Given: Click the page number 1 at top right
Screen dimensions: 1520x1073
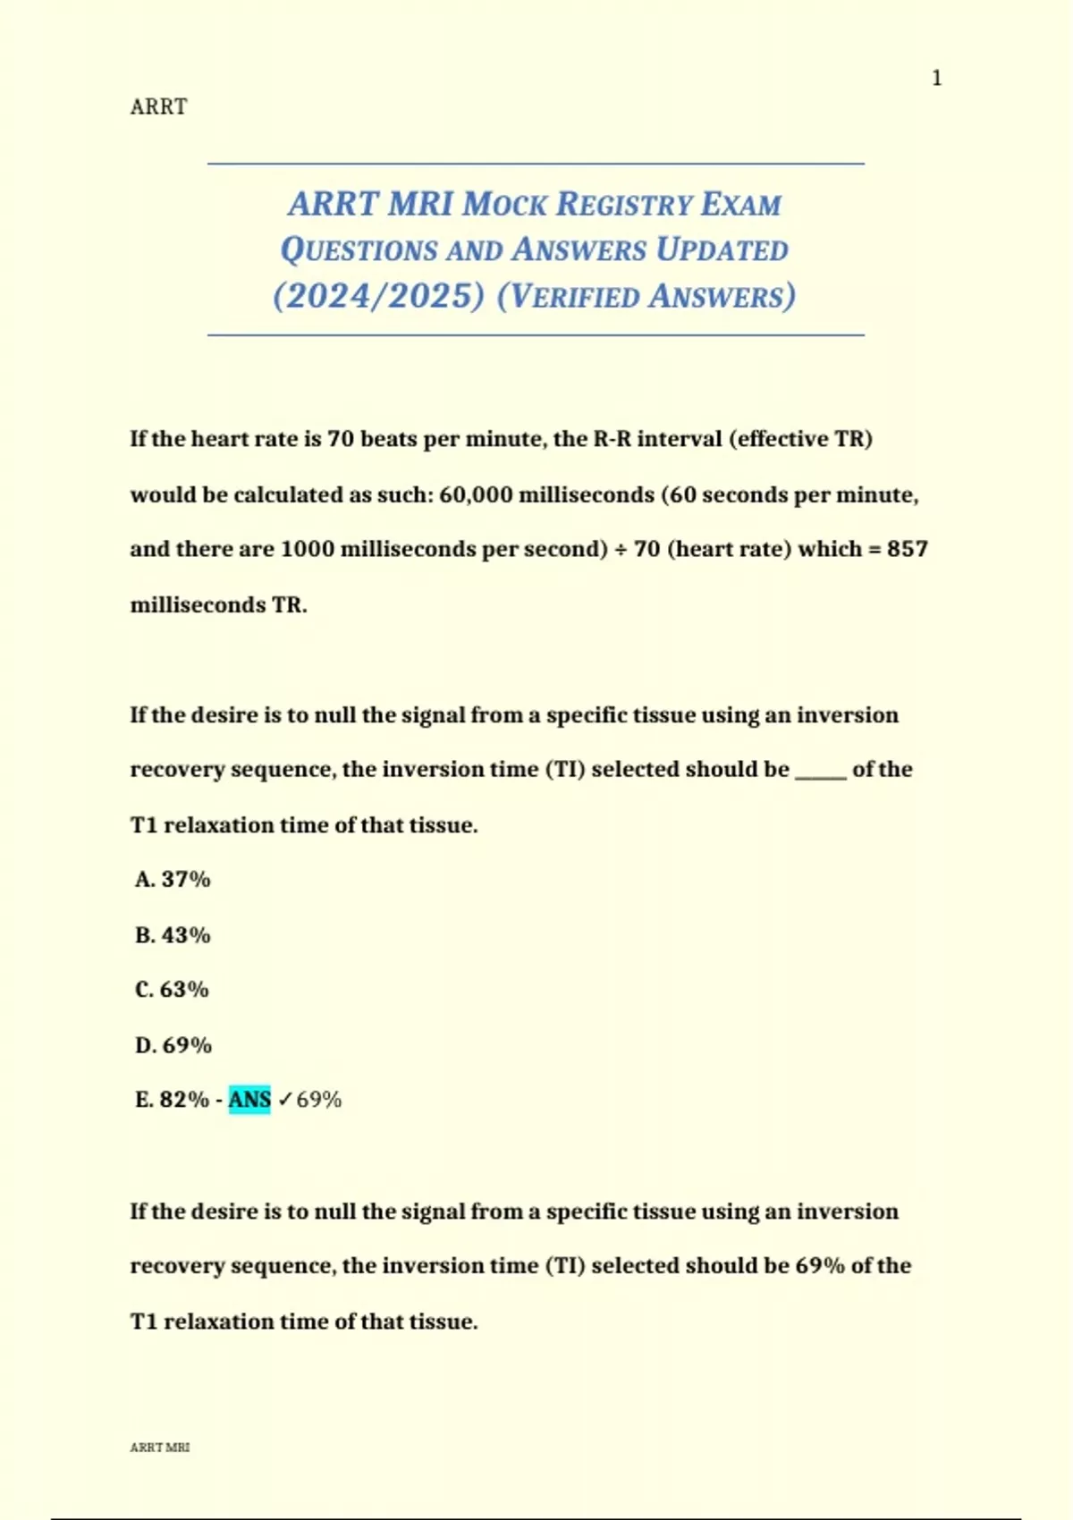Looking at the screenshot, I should tap(936, 79).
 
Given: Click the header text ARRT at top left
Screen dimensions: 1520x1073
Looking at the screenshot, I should tap(158, 107).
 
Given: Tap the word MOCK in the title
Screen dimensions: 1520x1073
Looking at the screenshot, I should tap(503, 205).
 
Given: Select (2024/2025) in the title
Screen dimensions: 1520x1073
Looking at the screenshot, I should tap(379, 296).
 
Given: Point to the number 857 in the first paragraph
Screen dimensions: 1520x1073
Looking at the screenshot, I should tap(907, 549).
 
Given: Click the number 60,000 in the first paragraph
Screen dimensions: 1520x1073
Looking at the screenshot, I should tap(476, 494).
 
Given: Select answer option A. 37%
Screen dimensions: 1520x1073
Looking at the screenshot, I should tap(173, 880).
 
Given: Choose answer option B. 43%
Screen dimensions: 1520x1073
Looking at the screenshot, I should tap(173, 935).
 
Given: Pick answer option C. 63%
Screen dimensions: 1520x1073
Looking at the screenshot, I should tap(172, 990).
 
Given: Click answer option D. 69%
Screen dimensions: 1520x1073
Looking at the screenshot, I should tap(173, 1045).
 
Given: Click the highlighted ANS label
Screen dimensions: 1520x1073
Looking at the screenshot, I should tap(249, 1100).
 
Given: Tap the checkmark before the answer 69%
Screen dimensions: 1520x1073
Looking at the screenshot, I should tap(284, 1100).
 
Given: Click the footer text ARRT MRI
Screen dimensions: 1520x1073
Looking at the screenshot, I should tap(160, 1448).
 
